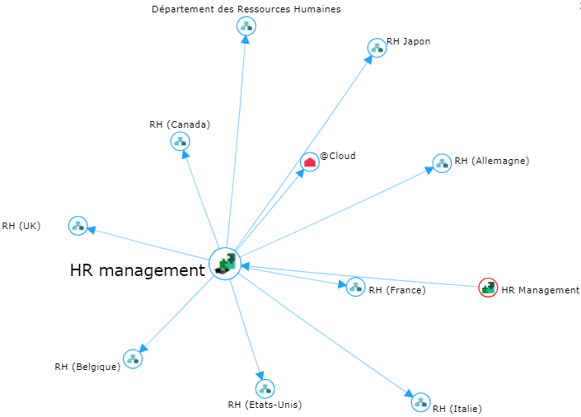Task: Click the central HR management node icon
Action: (x=225, y=264)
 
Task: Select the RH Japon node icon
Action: (x=377, y=48)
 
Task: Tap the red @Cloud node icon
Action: (x=309, y=162)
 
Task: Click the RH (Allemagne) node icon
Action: (x=442, y=162)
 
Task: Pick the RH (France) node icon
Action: (x=355, y=287)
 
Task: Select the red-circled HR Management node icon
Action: (x=488, y=288)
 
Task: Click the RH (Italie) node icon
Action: (x=420, y=402)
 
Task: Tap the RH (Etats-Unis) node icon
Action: (x=265, y=388)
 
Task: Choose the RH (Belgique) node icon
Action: (x=133, y=358)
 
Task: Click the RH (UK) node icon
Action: (x=77, y=225)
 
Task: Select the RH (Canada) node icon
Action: (x=180, y=141)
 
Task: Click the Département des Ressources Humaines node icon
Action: (x=246, y=26)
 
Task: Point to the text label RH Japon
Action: (x=408, y=41)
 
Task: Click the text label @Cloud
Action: (x=338, y=155)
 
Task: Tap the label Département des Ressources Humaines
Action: (x=246, y=9)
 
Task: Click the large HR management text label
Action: (x=137, y=269)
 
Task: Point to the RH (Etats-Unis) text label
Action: (x=265, y=405)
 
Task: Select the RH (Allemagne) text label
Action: (x=491, y=161)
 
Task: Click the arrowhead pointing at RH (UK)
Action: (x=93, y=230)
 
